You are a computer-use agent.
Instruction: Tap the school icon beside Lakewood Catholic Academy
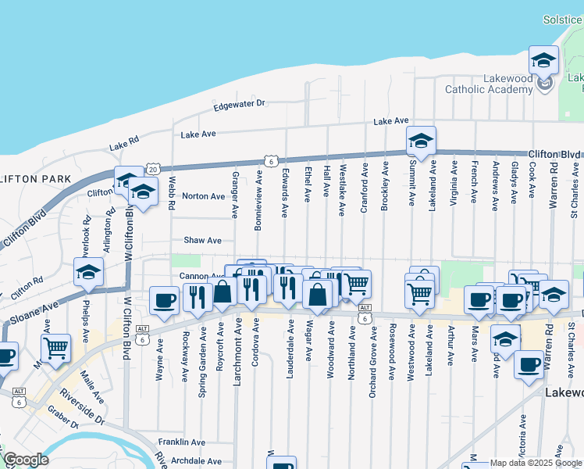click(x=543, y=60)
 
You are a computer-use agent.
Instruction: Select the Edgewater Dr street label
click(x=240, y=103)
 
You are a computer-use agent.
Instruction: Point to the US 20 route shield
click(x=152, y=169)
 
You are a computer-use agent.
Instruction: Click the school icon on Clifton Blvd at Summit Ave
click(x=421, y=141)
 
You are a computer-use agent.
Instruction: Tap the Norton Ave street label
click(x=203, y=195)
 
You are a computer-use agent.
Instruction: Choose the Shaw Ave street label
click(x=202, y=240)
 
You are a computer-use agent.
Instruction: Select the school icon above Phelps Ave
click(x=89, y=272)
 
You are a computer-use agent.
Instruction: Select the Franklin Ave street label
click(x=181, y=442)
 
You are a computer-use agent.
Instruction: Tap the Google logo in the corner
click(x=26, y=460)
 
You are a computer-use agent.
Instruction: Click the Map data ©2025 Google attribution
click(x=536, y=464)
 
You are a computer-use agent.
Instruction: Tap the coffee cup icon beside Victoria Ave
click(x=529, y=364)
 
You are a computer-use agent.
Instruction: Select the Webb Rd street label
click(x=172, y=192)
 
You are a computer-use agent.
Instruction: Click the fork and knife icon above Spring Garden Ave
click(x=197, y=297)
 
